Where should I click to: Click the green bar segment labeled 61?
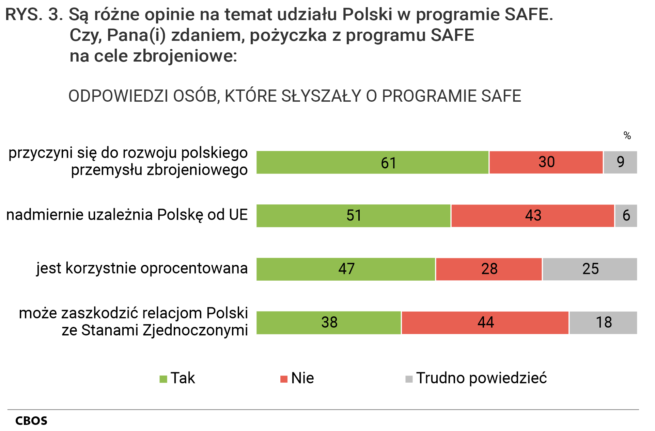372,163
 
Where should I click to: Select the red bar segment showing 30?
546,163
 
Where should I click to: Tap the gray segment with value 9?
620,163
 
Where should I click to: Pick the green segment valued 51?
353,216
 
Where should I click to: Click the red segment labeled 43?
533,216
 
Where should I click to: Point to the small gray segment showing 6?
626,216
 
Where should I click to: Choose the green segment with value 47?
346,269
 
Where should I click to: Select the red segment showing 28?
489,269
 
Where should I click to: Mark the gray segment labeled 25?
590,269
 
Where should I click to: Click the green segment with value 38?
329,322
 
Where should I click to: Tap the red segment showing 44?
485,322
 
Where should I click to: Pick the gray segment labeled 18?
603,322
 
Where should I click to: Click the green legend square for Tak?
163,379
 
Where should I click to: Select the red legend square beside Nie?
284,379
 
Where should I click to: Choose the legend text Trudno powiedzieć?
481,378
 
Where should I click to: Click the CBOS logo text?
31,421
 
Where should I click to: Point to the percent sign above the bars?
627,136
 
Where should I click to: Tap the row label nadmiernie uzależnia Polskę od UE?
127,215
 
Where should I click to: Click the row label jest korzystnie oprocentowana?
142,268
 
